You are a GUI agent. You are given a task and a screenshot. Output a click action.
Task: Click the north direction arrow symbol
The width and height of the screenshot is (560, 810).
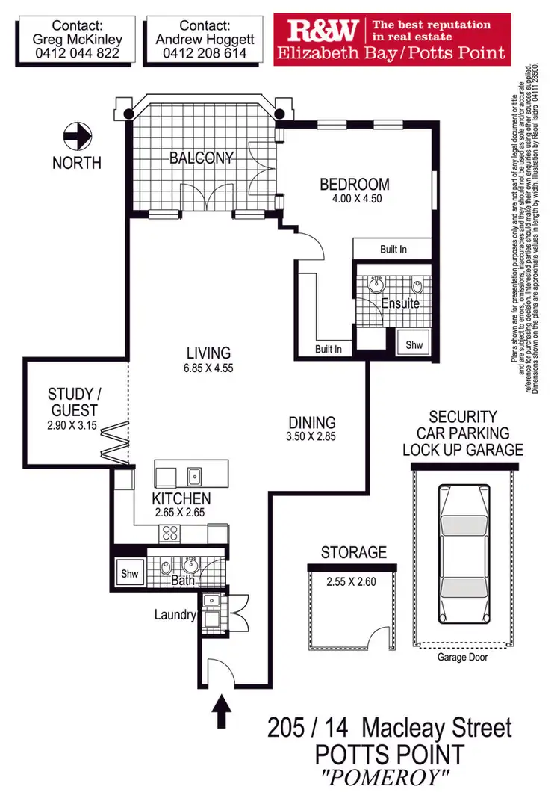coord(77,137)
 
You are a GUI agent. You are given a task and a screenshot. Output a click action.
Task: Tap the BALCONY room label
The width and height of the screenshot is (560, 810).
coord(201,158)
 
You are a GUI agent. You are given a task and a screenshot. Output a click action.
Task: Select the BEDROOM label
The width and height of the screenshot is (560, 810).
coord(355,185)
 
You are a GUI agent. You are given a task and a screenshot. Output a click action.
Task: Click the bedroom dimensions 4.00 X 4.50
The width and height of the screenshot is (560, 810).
coord(355,200)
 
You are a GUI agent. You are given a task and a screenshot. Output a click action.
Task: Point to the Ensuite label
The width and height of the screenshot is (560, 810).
coord(400,304)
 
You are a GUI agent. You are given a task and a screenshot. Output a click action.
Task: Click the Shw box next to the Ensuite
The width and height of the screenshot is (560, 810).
coord(413,344)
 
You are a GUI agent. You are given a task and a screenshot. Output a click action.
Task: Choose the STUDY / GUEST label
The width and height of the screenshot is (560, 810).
coord(72,402)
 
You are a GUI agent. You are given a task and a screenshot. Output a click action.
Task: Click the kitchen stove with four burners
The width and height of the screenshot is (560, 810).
coord(169,534)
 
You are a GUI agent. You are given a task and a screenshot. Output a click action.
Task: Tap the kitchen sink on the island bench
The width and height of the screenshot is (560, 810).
coord(194,474)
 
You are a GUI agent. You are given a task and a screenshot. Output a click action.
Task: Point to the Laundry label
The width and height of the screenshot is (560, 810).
coord(175,616)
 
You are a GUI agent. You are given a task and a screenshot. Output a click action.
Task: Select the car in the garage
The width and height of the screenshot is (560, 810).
coord(461,550)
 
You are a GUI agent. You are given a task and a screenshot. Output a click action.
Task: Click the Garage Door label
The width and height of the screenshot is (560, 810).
coord(463,657)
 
